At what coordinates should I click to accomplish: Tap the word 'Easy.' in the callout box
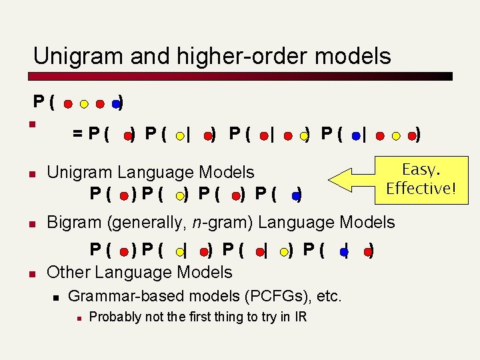[x=419, y=169]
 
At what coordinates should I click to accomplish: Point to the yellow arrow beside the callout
[x=353, y=181]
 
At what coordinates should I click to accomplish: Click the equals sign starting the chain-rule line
[x=78, y=135]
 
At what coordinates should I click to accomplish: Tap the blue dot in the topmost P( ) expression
[x=115, y=104]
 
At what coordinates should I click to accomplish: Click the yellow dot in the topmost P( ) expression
[x=84, y=104]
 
